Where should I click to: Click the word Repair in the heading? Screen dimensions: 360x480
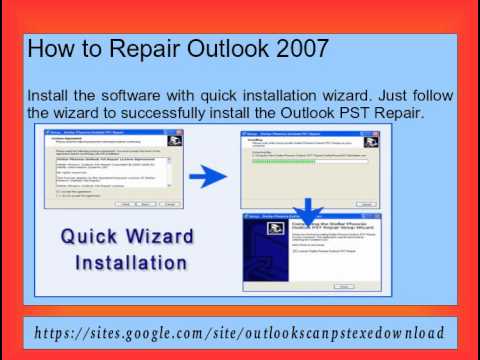[x=143, y=47]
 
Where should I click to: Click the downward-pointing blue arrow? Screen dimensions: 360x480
[x=308, y=209]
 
